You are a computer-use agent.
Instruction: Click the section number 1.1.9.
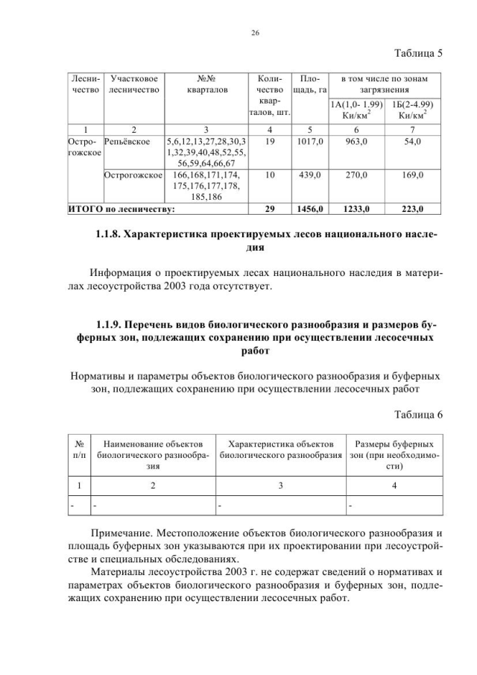pos(113,326)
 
